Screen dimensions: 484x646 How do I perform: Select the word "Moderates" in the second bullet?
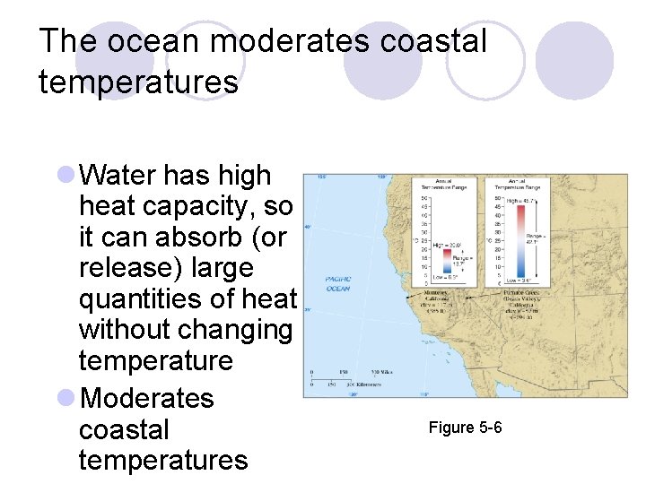pos(147,398)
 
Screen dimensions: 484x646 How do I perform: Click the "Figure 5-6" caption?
pos(465,428)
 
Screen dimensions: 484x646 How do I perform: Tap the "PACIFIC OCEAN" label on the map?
pos(337,283)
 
